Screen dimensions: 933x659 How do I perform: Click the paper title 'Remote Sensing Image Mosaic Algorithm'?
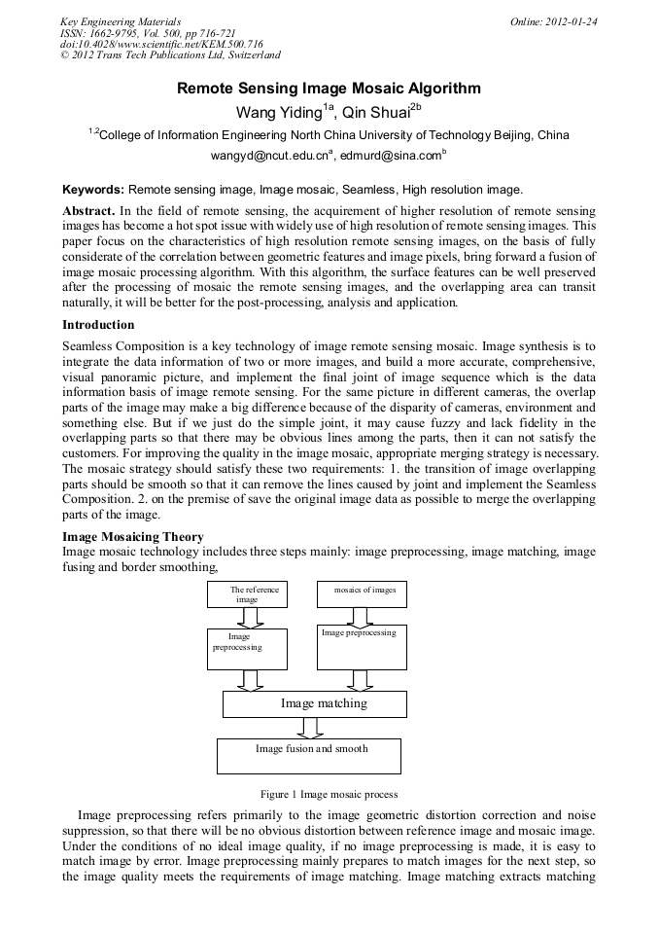click(x=329, y=89)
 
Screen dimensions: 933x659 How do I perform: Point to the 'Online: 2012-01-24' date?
click(x=553, y=21)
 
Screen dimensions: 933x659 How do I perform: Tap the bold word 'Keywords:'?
click(x=93, y=189)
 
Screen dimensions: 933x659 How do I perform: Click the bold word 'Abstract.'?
click(x=89, y=211)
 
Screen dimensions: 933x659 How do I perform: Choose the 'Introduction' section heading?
click(x=98, y=324)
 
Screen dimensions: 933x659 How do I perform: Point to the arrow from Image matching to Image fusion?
click(x=311, y=728)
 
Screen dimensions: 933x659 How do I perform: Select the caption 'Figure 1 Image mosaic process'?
click(x=329, y=794)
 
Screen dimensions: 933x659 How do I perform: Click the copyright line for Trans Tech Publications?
click(x=170, y=56)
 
